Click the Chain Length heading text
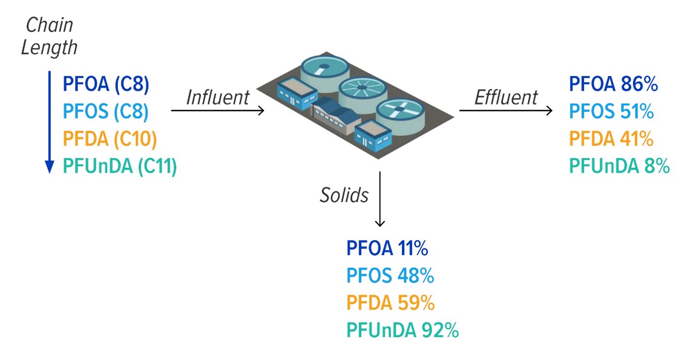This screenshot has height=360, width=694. [x=49, y=36]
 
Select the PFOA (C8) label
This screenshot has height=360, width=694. [x=106, y=84]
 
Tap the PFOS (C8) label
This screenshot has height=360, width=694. [x=106, y=111]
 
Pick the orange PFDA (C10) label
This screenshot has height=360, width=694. [x=110, y=138]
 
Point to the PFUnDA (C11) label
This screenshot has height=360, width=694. [x=120, y=166]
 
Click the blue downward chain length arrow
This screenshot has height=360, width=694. [x=50, y=122]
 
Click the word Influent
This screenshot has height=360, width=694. [x=218, y=98]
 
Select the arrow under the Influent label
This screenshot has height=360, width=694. [x=217, y=110]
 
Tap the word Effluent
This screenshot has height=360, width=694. [x=506, y=98]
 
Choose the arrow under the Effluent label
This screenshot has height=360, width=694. [x=506, y=110]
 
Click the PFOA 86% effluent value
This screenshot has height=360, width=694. [x=613, y=84]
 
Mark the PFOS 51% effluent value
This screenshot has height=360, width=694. [x=611, y=111]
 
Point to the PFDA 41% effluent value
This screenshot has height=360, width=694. [x=611, y=138]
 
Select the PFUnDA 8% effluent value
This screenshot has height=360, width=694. [x=620, y=166]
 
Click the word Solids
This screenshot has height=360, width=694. [x=344, y=195]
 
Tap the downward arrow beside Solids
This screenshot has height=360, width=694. [x=380, y=199]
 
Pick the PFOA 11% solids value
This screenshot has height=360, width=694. [x=387, y=248]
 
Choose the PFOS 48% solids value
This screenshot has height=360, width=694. [x=390, y=276]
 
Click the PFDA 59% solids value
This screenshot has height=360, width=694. [x=391, y=303]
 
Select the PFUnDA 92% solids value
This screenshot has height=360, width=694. [x=403, y=330]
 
